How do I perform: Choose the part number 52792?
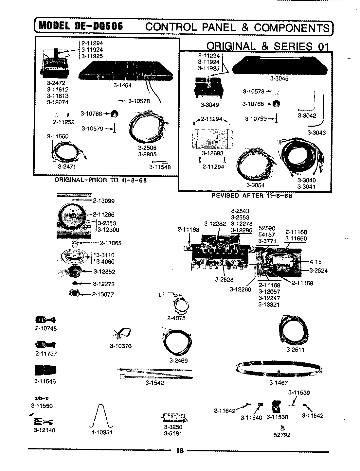pos(282,435)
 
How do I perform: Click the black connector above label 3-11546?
pos(45,371)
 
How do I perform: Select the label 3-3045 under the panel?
pos(279,79)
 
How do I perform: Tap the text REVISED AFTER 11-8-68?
pos(252,196)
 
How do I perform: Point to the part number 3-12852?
pos(104,272)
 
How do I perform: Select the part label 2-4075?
pos(176,318)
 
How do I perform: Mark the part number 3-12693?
pos(212,153)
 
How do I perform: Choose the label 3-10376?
pos(120,346)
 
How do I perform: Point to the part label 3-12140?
pos(45,430)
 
